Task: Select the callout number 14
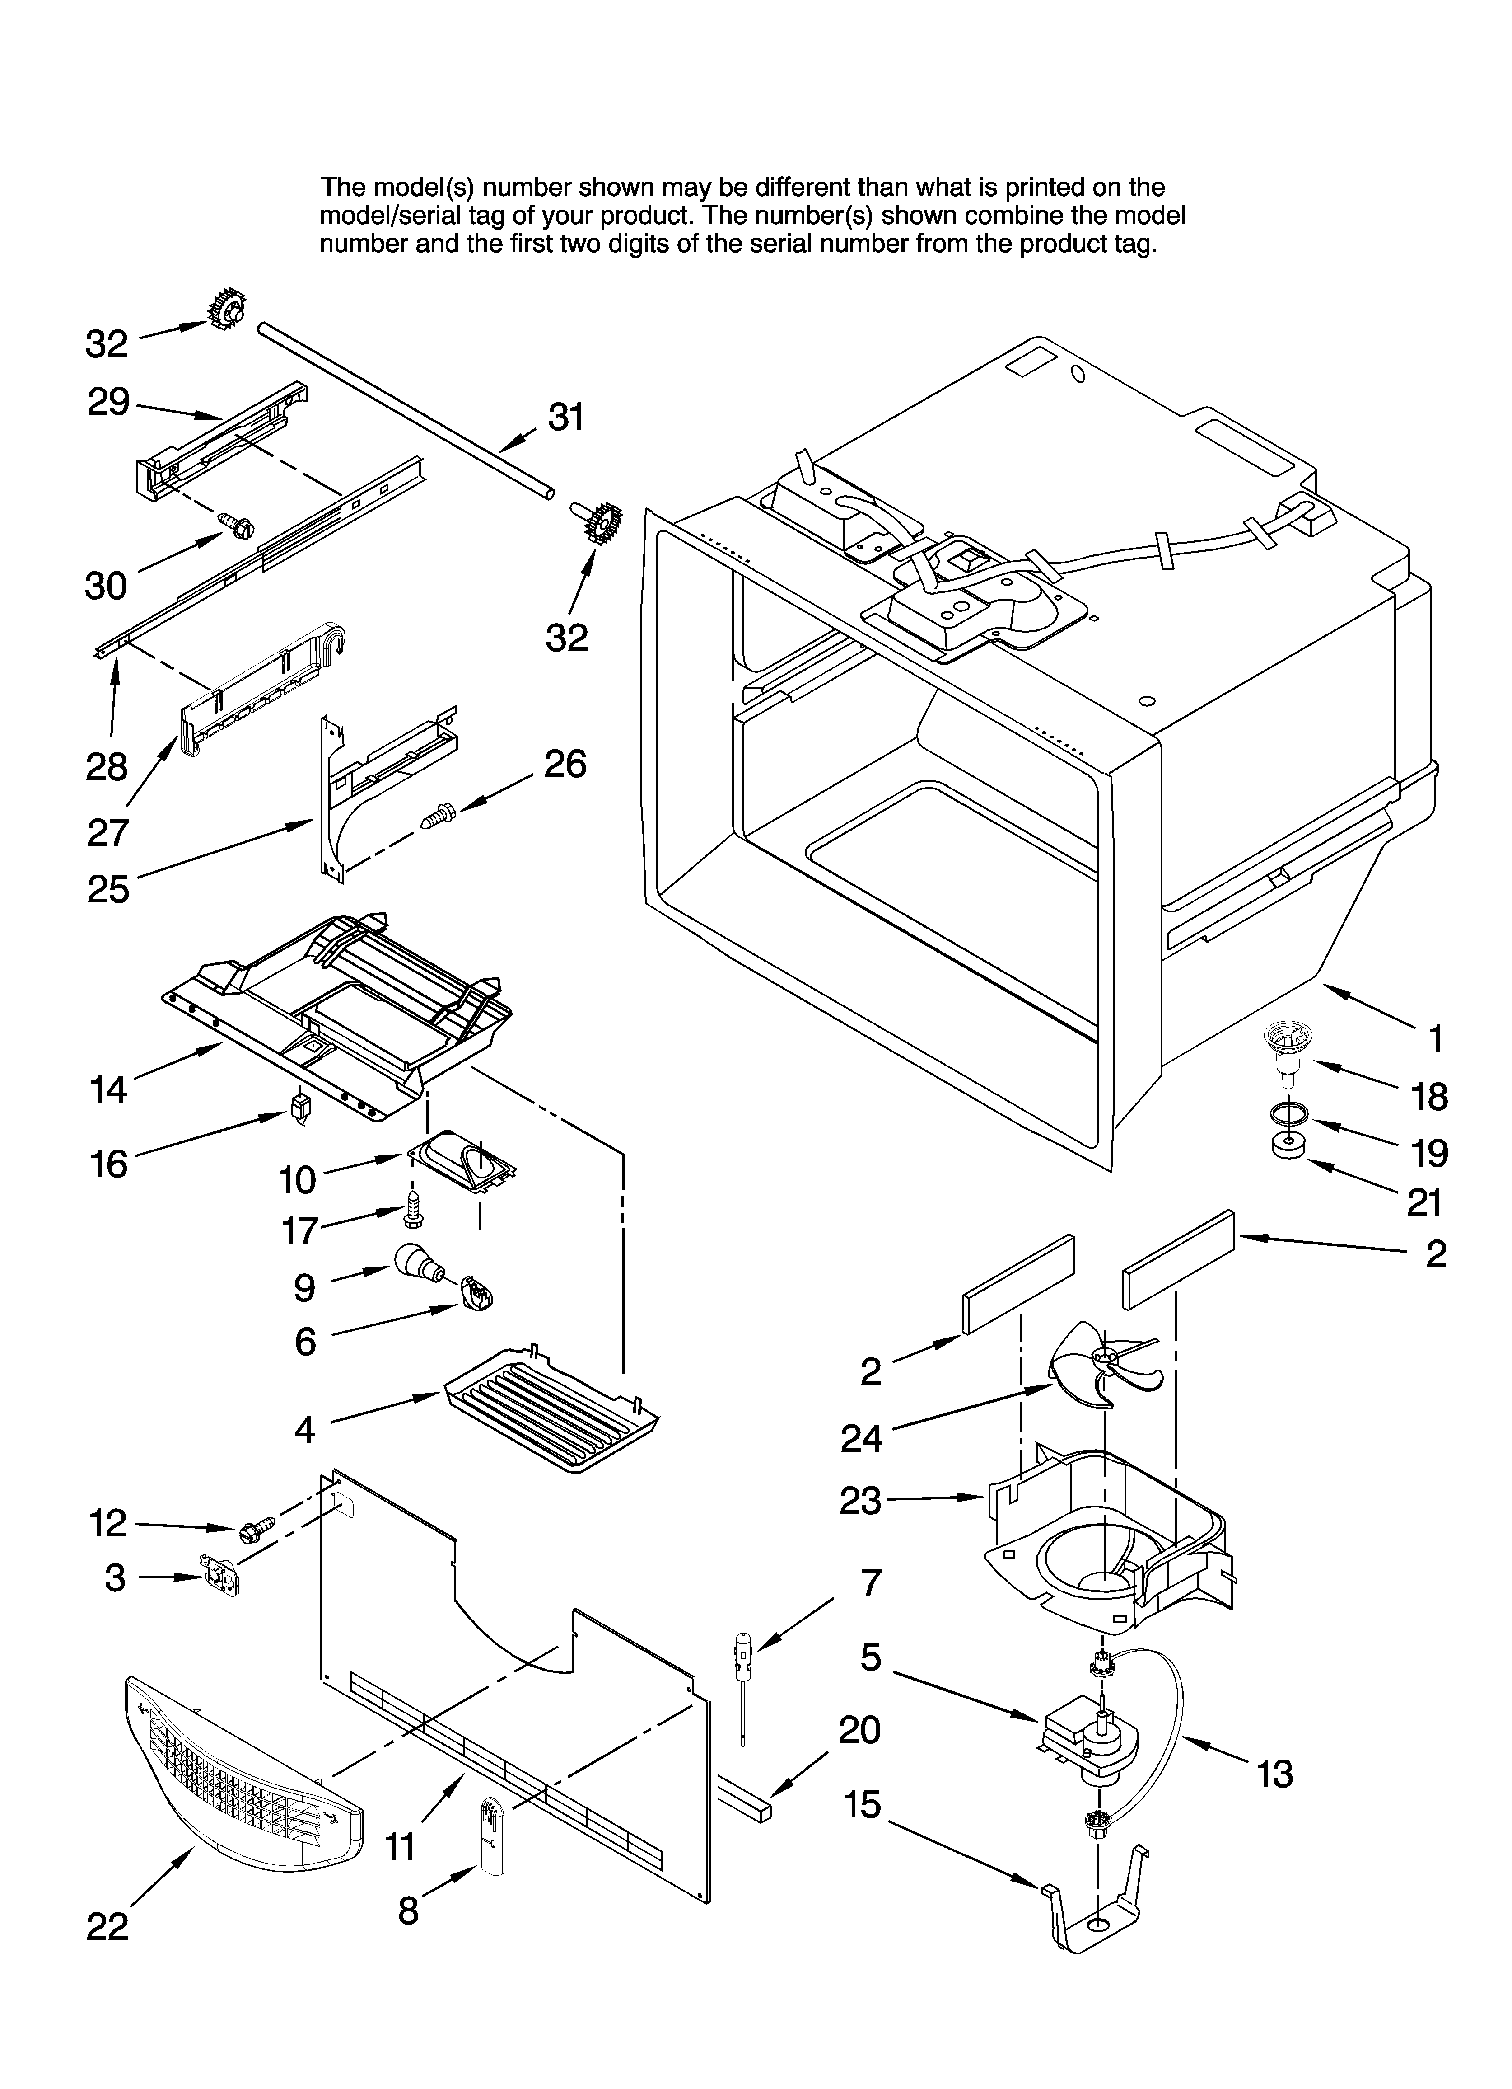tap(109, 1089)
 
